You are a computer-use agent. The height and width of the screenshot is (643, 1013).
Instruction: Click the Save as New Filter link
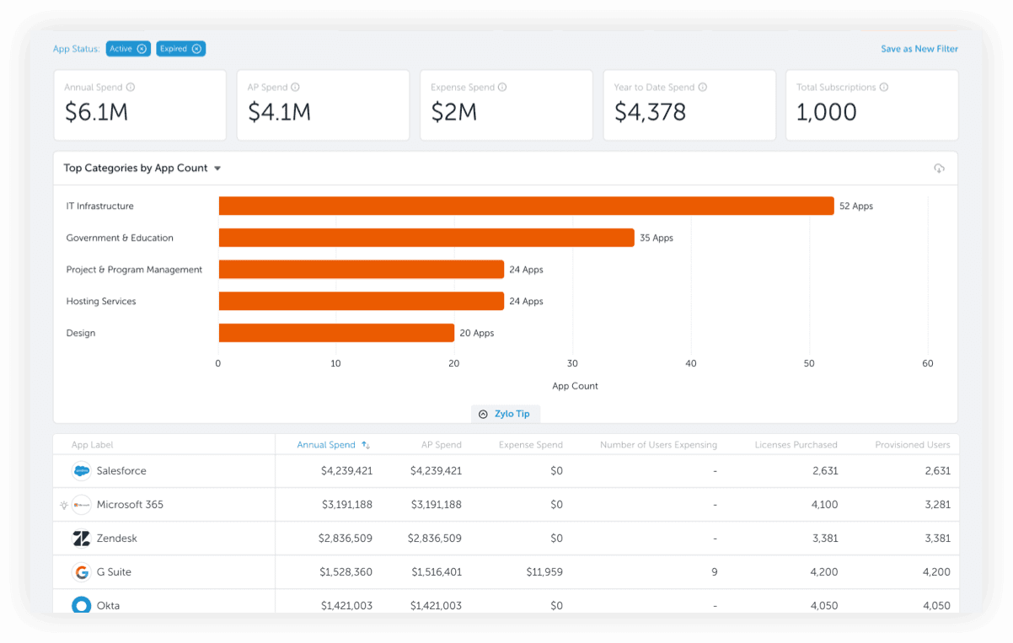pos(919,49)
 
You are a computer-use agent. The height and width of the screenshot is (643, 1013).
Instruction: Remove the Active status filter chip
pos(142,49)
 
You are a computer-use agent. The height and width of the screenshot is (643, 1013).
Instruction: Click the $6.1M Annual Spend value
pos(96,112)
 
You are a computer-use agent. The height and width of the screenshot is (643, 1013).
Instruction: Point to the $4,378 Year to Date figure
pos(650,112)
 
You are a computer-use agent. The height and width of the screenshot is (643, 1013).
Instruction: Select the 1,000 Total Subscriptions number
pos(826,112)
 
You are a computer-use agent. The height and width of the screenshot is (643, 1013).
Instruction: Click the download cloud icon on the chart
pos(939,169)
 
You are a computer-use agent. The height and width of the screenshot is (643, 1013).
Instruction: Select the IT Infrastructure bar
pos(526,206)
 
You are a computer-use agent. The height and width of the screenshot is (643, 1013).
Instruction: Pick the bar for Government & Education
pos(426,238)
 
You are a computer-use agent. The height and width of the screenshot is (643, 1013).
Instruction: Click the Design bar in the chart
pos(336,333)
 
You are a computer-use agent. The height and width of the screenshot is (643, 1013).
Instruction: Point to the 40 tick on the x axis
pos(691,364)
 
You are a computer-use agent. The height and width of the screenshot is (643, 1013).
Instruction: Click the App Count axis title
pos(575,386)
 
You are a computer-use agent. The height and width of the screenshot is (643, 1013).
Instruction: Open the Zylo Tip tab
pos(506,414)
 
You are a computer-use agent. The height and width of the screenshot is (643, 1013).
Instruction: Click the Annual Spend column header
pos(327,445)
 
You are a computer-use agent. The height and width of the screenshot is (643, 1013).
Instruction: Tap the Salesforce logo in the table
pos(82,471)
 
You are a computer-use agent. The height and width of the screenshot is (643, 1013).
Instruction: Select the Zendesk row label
pos(116,539)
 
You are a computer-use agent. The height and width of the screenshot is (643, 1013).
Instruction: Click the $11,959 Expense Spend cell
pos(544,572)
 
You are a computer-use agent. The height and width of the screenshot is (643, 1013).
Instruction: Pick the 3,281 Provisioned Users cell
pos(936,505)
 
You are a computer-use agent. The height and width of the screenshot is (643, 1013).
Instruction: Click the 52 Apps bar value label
pos(855,206)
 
